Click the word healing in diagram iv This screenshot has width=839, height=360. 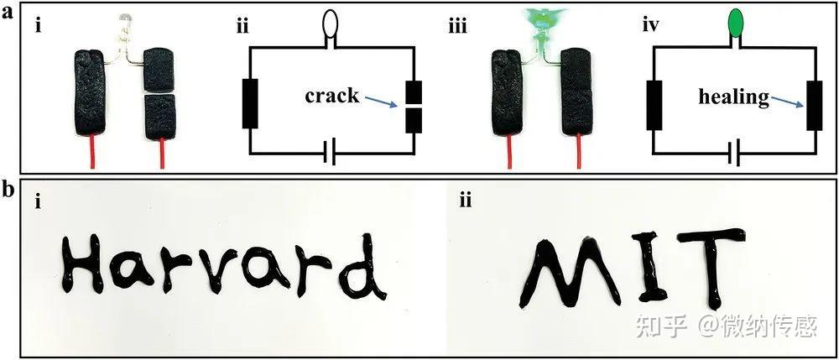coord(732,97)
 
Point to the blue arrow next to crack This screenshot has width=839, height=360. coord(383,103)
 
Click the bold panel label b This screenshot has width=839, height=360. coord(8,190)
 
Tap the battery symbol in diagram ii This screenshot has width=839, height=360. coord(331,154)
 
